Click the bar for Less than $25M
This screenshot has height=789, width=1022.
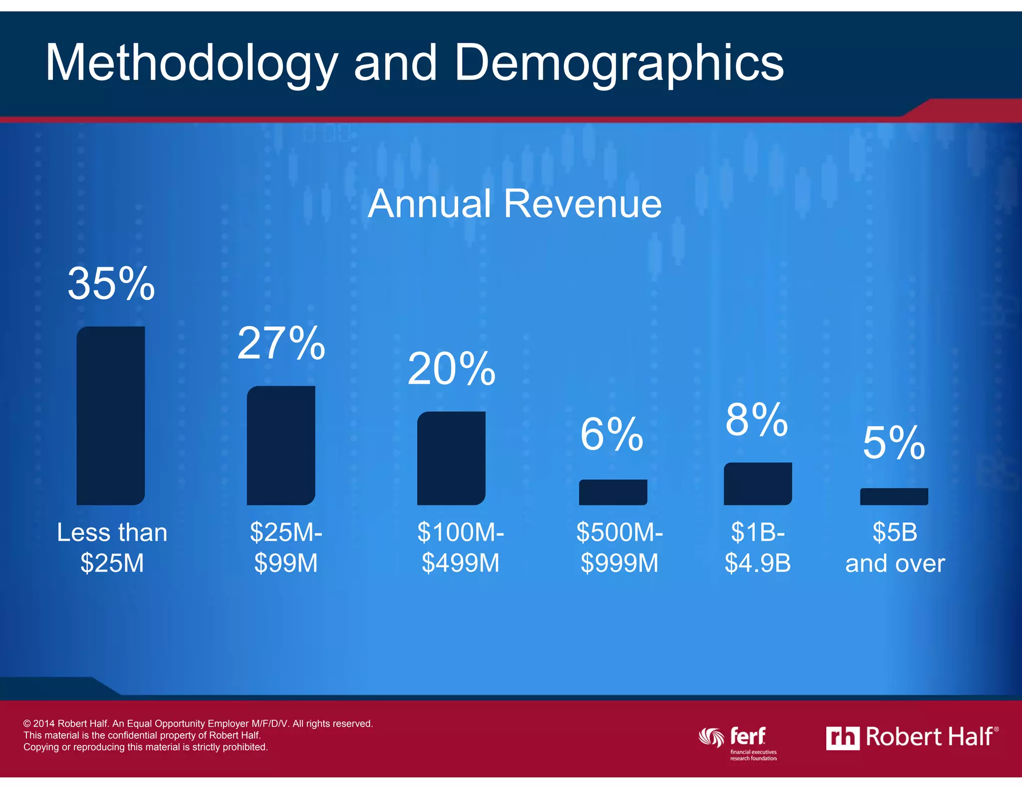(110, 415)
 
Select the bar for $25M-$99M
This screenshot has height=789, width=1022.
(281, 445)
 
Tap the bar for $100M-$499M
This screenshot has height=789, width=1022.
(451, 458)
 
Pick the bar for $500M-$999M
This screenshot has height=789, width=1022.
(613, 492)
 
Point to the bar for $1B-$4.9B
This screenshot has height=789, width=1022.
(758, 483)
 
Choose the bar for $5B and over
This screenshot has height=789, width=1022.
(894, 496)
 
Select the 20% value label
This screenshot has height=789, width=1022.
(452, 369)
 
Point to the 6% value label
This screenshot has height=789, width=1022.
(612, 434)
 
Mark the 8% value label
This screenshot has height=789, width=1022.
(757, 419)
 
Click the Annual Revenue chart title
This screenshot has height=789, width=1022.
(514, 203)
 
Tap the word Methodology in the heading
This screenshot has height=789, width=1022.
(192, 63)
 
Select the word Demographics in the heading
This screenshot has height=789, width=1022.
(619, 63)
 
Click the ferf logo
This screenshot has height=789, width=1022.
(739, 741)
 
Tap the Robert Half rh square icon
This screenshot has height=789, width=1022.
(842, 738)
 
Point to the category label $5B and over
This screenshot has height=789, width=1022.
(895, 548)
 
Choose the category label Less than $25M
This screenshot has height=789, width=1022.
(112, 548)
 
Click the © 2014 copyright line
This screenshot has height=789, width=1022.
(198, 723)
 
